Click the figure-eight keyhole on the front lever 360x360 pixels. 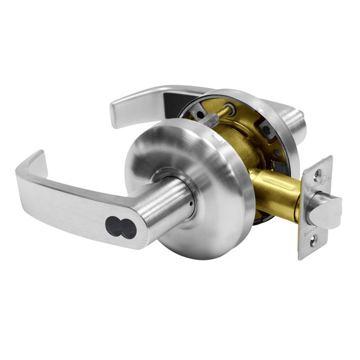(x=121, y=227)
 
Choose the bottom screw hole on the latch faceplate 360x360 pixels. (x=314, y=242)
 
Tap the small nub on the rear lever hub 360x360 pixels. (x=300, y=113)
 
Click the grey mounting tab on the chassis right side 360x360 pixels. (x=268, y=131)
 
